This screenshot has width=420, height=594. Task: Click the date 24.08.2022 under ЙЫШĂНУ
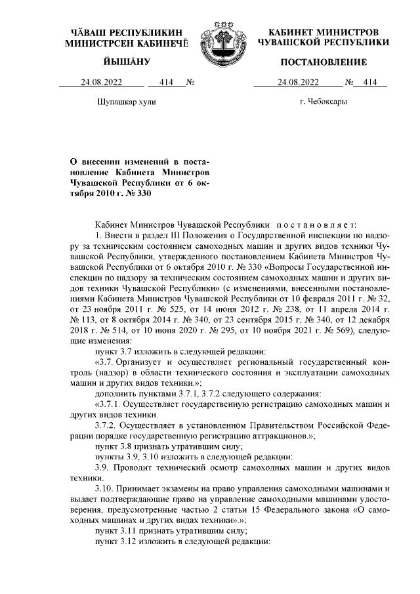pyautogui.click(x=102, y=83)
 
